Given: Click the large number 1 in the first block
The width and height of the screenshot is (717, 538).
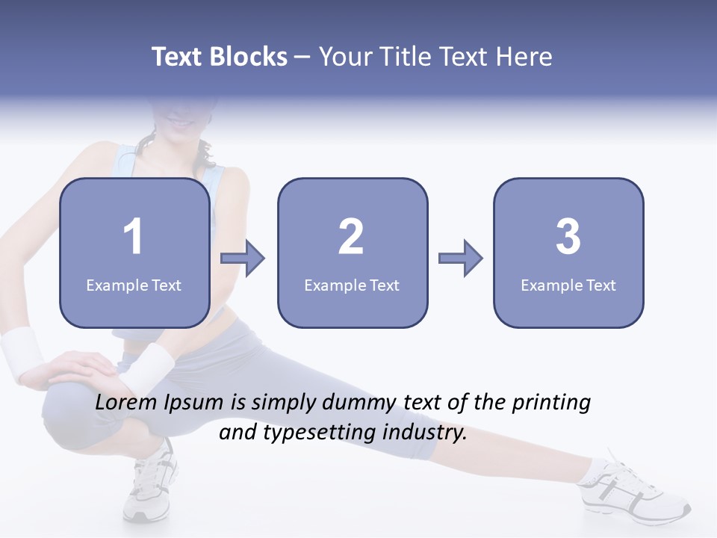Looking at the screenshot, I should point(134,237).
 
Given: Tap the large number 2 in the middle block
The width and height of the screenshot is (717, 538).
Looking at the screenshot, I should point(351,237).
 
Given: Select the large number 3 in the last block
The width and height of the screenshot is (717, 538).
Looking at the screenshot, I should point(568,237).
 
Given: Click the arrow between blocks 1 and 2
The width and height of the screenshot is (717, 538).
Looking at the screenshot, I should point(243,259).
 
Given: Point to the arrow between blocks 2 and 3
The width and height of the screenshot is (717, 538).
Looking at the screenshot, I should point(461,259).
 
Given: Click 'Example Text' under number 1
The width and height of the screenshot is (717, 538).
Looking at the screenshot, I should point(134,285).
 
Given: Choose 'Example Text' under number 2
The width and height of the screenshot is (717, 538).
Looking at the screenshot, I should point(352,285).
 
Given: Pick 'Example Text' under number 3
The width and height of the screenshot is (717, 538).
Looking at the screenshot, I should point(568,285).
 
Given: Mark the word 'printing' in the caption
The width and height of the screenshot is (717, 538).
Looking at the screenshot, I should point(552,403).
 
